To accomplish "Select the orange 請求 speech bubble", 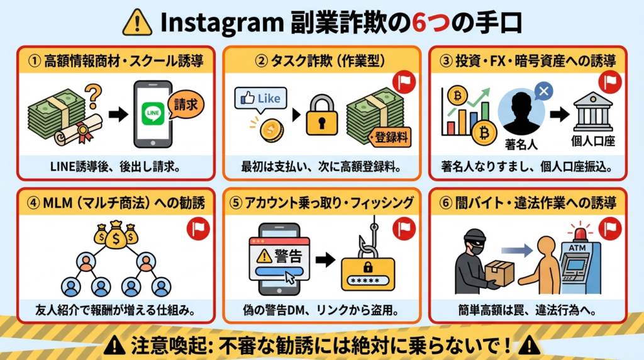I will tap(186, 103).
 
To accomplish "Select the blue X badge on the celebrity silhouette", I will tap(544, 92).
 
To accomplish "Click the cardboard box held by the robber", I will tap(500, 273).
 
